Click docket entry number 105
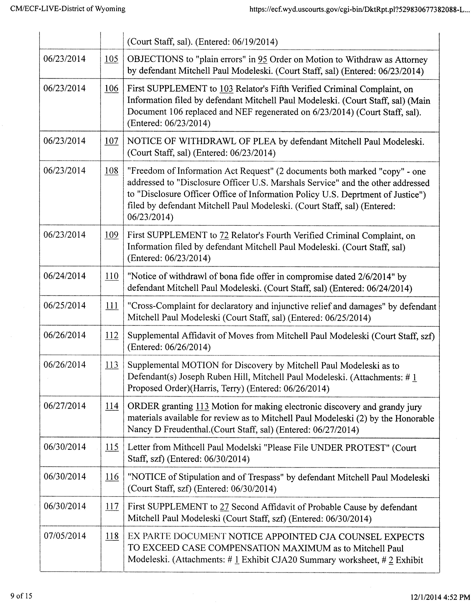coord(111,59)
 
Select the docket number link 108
coord(111,171)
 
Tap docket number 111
coord(112,306)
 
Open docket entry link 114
coord(112,406)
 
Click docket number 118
coord(112,536)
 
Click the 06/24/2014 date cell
coord(65,276)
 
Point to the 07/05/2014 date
coord(65,536)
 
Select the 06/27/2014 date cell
coord(65,406)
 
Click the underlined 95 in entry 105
coord(262,60)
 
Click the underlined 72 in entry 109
coord(224,235)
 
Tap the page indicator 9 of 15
coord(21,596)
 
